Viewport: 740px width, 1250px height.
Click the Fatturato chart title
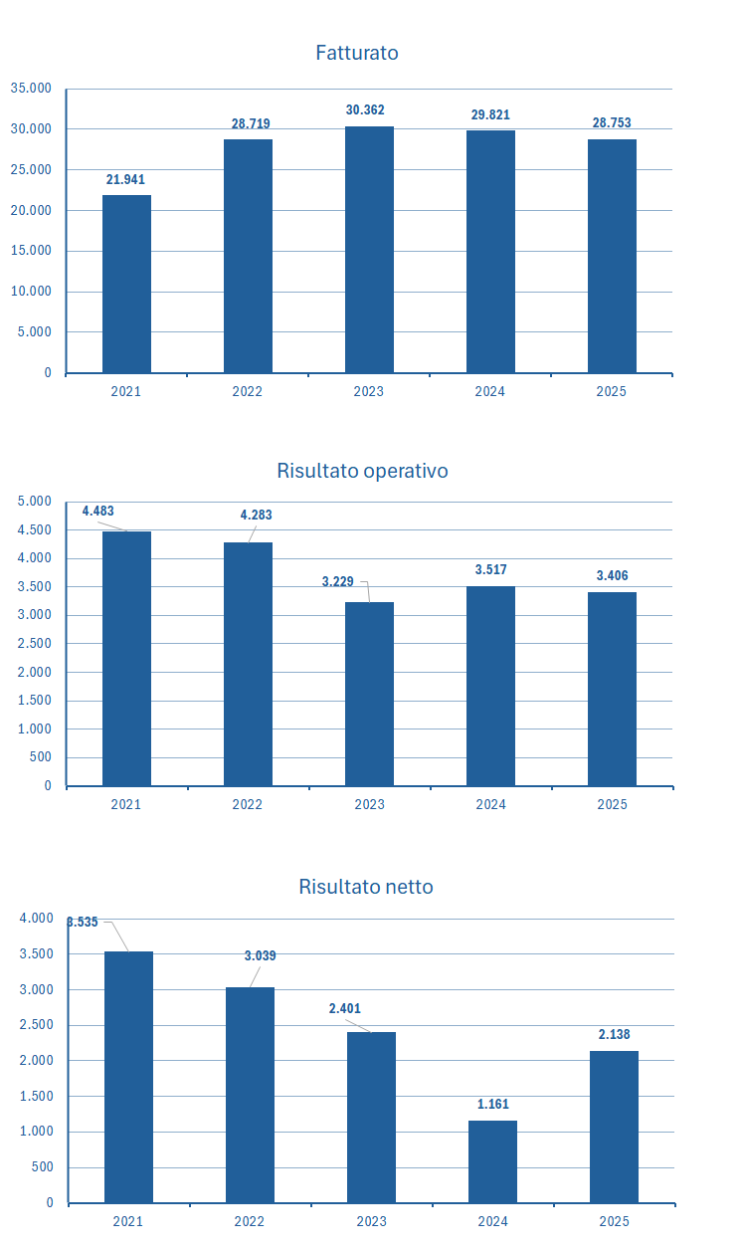357,53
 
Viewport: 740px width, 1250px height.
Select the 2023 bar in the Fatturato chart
369,249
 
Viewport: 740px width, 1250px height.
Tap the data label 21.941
126,179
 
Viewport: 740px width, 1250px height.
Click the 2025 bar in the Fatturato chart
612,256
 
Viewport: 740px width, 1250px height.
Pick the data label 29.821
490,114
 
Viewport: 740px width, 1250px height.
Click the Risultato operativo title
362,471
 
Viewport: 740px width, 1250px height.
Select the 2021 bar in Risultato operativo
126,658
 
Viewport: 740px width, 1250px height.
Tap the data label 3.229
338,581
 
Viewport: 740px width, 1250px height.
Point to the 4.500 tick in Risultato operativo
35,530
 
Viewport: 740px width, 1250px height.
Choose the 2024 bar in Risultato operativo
490,686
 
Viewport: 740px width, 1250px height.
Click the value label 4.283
256,516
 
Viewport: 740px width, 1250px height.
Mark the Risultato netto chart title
366,887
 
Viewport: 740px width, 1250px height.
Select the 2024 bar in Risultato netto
492,1161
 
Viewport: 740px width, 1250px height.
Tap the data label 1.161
492,1104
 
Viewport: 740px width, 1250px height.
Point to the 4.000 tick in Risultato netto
37,919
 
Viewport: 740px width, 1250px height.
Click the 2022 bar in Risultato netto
250,1095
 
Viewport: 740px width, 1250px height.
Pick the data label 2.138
614,1035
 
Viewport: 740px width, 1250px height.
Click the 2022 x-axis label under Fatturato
248,392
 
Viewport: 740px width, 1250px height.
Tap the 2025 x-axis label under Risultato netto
614,1221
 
